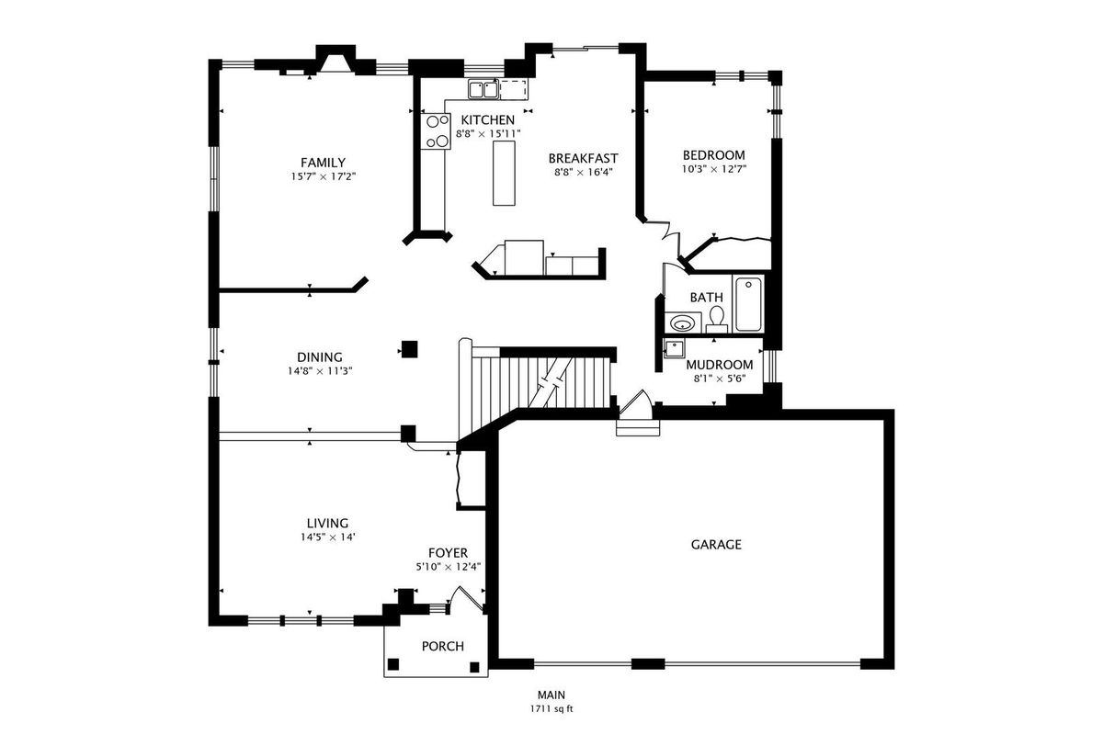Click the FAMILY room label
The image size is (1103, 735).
323,163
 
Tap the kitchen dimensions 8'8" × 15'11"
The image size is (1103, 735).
488,133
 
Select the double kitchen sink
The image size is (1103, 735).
483,90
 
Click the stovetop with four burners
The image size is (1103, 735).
436,131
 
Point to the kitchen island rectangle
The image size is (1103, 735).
504,173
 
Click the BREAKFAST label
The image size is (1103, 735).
583,159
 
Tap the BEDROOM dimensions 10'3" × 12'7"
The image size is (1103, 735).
714,169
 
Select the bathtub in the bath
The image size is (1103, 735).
748,304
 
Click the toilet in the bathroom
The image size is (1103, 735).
716,319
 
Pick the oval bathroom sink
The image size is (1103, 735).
682,323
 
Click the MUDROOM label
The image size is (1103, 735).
720,365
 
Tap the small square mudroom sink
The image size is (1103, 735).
673,348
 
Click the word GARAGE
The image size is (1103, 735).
716,545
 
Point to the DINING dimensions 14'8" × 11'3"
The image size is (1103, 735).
320,370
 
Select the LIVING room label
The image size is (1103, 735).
327,524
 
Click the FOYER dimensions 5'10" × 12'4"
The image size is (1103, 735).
449,567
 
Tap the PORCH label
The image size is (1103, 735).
443,646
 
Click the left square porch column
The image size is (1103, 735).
393,664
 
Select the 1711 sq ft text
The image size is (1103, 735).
551,709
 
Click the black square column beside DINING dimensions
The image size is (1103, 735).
410,349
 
